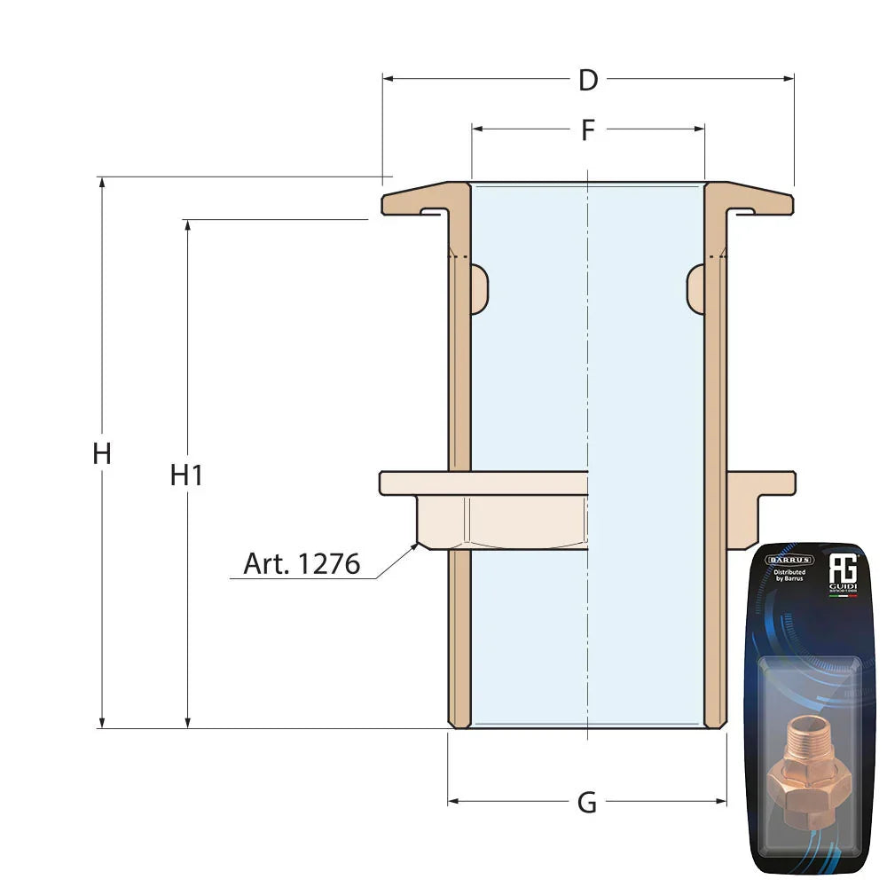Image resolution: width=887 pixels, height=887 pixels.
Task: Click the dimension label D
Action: point(588,81)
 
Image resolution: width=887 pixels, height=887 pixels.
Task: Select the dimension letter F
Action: point(588,130)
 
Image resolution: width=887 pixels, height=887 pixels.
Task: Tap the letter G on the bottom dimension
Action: point(587,803)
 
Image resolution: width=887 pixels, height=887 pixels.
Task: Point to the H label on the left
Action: point(102,454)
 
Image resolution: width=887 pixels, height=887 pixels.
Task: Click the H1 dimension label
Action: point(187,475)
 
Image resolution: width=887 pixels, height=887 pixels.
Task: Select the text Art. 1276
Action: point(302,564)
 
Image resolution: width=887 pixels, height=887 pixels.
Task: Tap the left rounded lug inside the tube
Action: point(479,288)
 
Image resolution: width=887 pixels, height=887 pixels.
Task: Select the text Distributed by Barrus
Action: point(789,577)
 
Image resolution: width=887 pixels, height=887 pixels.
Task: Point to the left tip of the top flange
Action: point(385,205)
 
